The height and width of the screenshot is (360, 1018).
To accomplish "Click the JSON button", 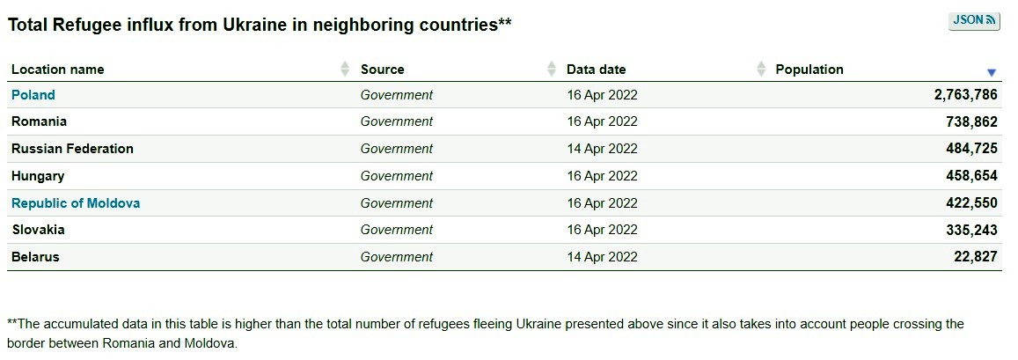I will point(973,20).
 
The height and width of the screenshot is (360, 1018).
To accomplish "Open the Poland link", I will point(33,95).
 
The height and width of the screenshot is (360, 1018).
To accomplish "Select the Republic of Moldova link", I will point(76,203).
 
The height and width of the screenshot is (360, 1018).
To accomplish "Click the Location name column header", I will point(58,70).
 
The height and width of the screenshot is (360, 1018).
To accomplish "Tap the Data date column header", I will point(596,70).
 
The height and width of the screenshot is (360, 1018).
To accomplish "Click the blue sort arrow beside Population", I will point(992,72).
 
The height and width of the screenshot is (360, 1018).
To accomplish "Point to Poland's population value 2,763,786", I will point(965,95).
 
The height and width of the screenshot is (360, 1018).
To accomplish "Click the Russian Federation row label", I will point(73,149).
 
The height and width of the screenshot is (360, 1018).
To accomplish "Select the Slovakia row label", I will point(39,230).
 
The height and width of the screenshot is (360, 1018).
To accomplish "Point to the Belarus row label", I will point(36,257).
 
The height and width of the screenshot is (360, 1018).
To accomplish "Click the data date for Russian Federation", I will point(602,149).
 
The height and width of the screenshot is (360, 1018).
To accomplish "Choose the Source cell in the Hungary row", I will point(397,176).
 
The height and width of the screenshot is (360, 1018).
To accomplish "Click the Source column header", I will point(383,70).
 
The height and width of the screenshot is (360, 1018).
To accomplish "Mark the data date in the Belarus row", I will point(602,257).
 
